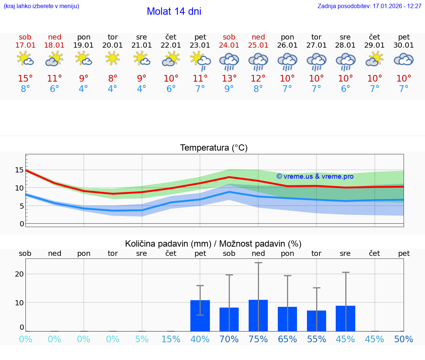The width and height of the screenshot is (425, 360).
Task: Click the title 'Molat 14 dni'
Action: tap(174, 11)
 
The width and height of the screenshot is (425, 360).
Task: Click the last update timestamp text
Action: tap(369, 6)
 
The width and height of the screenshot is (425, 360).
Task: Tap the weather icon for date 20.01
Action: tap(113, 58)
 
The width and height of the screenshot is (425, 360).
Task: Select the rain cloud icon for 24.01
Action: tap(229, 62)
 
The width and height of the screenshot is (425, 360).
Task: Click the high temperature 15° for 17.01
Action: tap(25, 79)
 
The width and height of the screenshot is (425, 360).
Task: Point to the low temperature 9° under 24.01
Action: tap(229, 89)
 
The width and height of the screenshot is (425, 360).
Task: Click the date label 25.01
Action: tap(258, 45)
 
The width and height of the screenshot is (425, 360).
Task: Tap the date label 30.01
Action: tap(404, 45)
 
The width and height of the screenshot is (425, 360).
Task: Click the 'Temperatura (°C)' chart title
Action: tap(214, 148)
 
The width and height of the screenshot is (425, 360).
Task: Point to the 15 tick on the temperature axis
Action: tap(19, 170)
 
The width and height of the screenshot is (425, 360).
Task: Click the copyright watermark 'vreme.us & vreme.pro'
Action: tap(315, 176)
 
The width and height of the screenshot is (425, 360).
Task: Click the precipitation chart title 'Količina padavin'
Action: tap(213, 244)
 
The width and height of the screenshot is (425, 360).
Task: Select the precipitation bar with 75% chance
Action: tap(258, 315)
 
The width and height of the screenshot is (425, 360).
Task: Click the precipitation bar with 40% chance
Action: tap(200, 316)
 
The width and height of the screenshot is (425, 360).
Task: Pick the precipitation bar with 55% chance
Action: tap(317, 321)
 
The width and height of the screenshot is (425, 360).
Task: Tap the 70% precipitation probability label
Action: tap(229, 339)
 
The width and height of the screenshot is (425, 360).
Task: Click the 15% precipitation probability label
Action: tap(171, 339)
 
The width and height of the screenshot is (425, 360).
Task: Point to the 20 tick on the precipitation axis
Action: tap(19, 274)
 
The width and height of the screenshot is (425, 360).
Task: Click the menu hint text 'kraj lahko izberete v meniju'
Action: tap(41, 6)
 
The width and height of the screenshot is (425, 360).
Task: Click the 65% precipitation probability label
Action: tap(287, 339)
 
